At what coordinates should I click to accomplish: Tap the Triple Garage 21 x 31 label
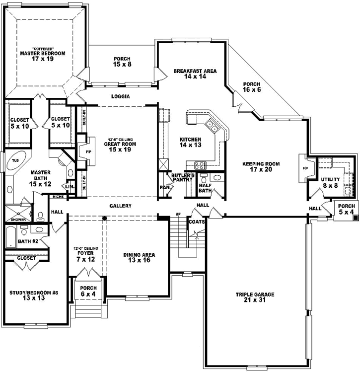pos(255,298)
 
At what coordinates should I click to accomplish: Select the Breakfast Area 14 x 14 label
pos(195,74)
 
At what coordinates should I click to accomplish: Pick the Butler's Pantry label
pos(182,178)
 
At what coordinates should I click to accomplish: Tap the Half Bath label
pos(205,188)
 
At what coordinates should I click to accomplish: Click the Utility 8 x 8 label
pos(330,182)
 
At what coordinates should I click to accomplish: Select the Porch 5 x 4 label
pos(346,209)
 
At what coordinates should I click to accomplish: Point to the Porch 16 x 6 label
pos(252,87)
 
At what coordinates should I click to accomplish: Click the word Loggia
pos(121,97)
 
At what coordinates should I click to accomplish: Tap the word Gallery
pos(120,206)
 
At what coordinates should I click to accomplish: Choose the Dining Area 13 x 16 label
pos(139,257)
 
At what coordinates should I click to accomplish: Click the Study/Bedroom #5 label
pos(34,296)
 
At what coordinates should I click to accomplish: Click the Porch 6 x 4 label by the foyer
pos(88,291)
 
